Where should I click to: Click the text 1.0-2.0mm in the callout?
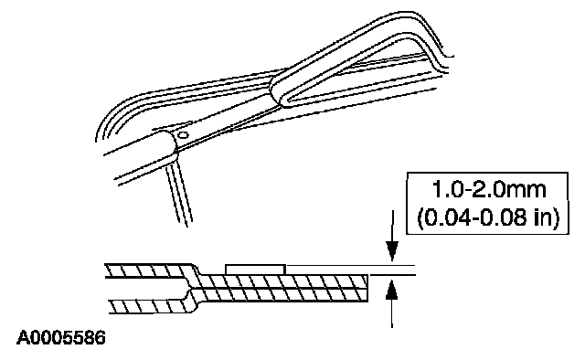click(488, 190)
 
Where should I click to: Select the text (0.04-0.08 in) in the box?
click(488, 217)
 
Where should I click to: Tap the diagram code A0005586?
click(61, 338)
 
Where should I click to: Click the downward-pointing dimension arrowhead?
click(392, 251)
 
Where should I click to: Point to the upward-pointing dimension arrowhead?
click(392, 291)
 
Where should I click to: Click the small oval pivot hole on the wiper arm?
click(183, 134)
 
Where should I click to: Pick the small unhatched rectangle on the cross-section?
click(256, 270)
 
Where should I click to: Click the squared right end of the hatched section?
click(367, 288)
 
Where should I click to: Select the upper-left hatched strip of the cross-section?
click(149, 270)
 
